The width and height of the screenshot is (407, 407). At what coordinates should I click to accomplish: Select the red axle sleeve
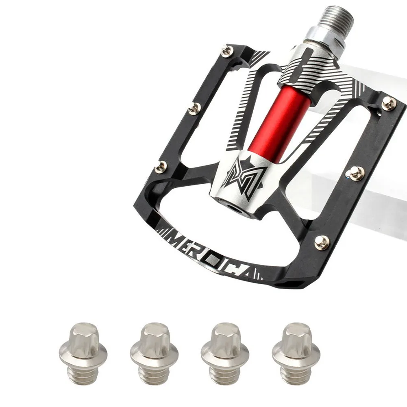[279, 122]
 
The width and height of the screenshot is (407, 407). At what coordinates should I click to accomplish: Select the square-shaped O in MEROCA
[215, 259]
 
